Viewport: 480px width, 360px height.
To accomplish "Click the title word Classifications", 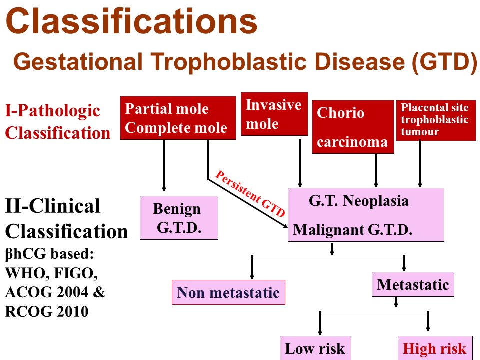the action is [131, 21].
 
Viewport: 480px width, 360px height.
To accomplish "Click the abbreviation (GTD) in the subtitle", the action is [444, 61].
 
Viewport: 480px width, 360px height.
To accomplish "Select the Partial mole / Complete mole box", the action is [178, 118].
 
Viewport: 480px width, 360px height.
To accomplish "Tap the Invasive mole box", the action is [274, 114].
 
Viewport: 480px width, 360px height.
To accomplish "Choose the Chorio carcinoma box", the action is [353, 126].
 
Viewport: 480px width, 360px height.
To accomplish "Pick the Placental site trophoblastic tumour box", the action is [436, 120].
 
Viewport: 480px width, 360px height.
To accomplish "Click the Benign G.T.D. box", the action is [179, 218].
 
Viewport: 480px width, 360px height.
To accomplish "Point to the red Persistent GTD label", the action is [250, 193].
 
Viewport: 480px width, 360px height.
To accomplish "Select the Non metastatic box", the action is [228, 292].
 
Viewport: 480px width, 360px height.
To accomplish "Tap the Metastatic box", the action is [413, 284].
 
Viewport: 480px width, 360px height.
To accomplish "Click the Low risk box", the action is [315, 348].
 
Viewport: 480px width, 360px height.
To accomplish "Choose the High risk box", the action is [435, 348].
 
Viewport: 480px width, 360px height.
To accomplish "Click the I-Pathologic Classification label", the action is [58, 122].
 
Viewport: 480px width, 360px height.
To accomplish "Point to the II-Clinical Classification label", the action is [66, 218].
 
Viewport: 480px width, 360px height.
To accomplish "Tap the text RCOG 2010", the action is [47, 311].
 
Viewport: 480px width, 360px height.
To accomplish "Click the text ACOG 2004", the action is [47, 292].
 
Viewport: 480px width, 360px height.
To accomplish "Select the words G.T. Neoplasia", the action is [359, 201].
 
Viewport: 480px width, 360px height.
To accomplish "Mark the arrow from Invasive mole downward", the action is [300, 164].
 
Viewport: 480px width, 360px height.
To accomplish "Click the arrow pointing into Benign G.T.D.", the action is [164, 166].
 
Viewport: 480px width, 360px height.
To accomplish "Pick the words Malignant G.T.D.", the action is [352, 230].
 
